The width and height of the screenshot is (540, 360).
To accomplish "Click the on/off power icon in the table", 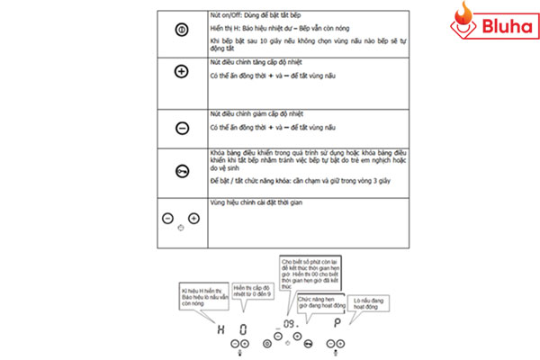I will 181,30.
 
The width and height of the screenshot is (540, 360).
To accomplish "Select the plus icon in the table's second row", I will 181,71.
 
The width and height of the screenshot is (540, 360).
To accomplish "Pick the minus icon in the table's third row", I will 181,129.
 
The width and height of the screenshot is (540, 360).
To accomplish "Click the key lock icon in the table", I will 181,169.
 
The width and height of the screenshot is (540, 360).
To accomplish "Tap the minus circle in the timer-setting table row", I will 167,218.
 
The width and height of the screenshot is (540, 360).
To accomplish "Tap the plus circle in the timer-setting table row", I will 193,218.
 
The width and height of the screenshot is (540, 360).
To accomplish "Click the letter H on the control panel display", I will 220,326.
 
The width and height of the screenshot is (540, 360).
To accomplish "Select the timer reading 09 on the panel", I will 289,323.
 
